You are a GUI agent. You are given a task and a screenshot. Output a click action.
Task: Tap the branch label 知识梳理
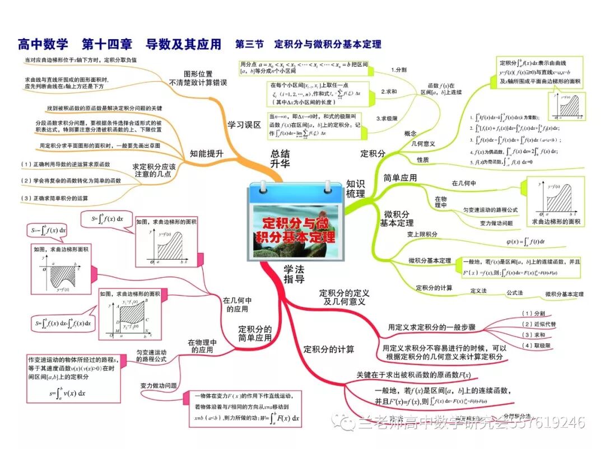point(355,189)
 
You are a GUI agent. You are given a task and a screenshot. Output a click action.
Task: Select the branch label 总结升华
point(280,159)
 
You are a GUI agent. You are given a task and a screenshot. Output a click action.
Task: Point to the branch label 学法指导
point(294,274)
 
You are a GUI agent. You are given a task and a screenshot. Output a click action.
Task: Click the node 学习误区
point(244,125)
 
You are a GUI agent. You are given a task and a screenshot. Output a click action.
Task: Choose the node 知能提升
point(207,153)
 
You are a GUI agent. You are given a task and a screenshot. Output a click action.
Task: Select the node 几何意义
point(424,144)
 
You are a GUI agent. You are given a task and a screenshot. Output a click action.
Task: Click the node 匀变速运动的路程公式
point(151,356)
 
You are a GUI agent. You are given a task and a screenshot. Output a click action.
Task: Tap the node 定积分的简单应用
point(255,334)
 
